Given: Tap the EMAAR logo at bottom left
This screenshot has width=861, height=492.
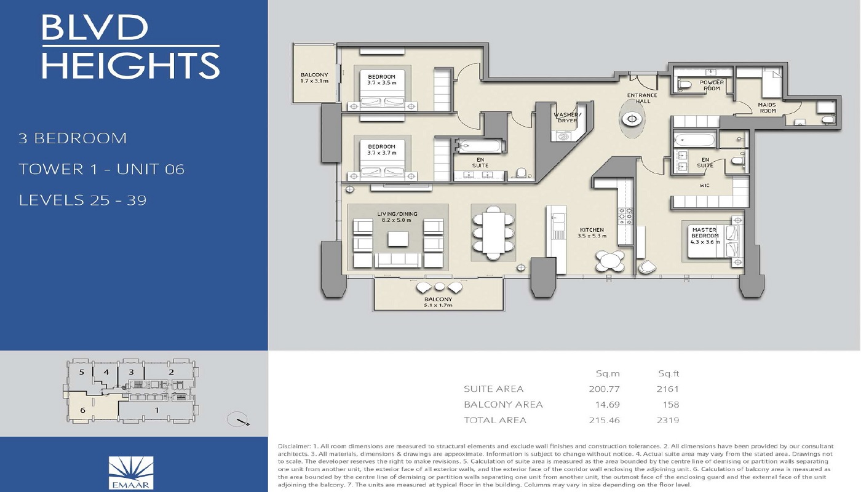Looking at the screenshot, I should click(x=130, y=470).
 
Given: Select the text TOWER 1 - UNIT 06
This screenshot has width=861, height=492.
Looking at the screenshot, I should click(x=101, y=169).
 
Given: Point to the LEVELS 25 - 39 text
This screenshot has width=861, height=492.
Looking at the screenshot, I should click(x=82, y=200).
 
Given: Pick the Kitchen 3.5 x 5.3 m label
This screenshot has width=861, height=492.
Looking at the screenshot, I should click(x=592, y=233).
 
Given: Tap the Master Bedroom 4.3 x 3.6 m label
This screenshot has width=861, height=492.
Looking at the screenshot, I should click(x=705, y=236).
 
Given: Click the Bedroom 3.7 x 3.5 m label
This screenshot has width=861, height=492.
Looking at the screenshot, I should click(x=381, y=79).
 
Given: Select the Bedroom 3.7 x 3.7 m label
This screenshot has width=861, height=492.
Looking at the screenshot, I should click(x=381, y=149).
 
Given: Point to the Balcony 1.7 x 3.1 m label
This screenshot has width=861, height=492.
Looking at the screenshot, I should click(x=314, y=78).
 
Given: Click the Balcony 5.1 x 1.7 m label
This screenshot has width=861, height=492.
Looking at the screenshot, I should click(x=438, y=302).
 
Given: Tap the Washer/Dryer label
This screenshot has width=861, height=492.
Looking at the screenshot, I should click(x=566, y=117).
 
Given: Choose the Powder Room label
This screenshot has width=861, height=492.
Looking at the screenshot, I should click(x=712, y=85).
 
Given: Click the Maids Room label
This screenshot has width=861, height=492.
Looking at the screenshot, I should click(x=768, y=108).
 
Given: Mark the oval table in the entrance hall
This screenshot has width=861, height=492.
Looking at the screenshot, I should click(x=632, y=119).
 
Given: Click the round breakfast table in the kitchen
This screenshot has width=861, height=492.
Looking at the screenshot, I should click(x=611, y=261).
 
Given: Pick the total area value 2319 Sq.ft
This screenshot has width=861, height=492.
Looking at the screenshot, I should click(x=668, y=421).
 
